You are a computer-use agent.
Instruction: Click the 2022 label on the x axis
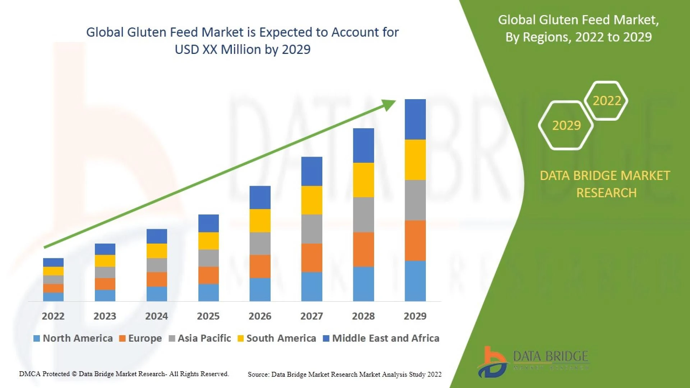click(53, 316)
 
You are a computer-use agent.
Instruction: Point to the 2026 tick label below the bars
click(260, 316)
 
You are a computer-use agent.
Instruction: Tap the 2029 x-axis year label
click(415, 316)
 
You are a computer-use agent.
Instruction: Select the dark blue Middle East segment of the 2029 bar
click(415, 119)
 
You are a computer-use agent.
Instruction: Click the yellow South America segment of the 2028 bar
click(363, 180)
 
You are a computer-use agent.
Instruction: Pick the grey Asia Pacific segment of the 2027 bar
click(312, 229)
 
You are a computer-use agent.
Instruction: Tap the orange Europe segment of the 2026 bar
click(260, 266)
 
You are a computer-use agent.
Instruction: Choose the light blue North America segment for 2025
click(208, 292)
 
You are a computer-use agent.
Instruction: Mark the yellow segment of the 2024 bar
click(157, 251)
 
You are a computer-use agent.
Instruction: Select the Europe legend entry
click(141, 338)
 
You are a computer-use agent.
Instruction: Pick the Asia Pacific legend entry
click(200, 338)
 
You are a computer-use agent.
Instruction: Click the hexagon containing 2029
click(566, 125)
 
